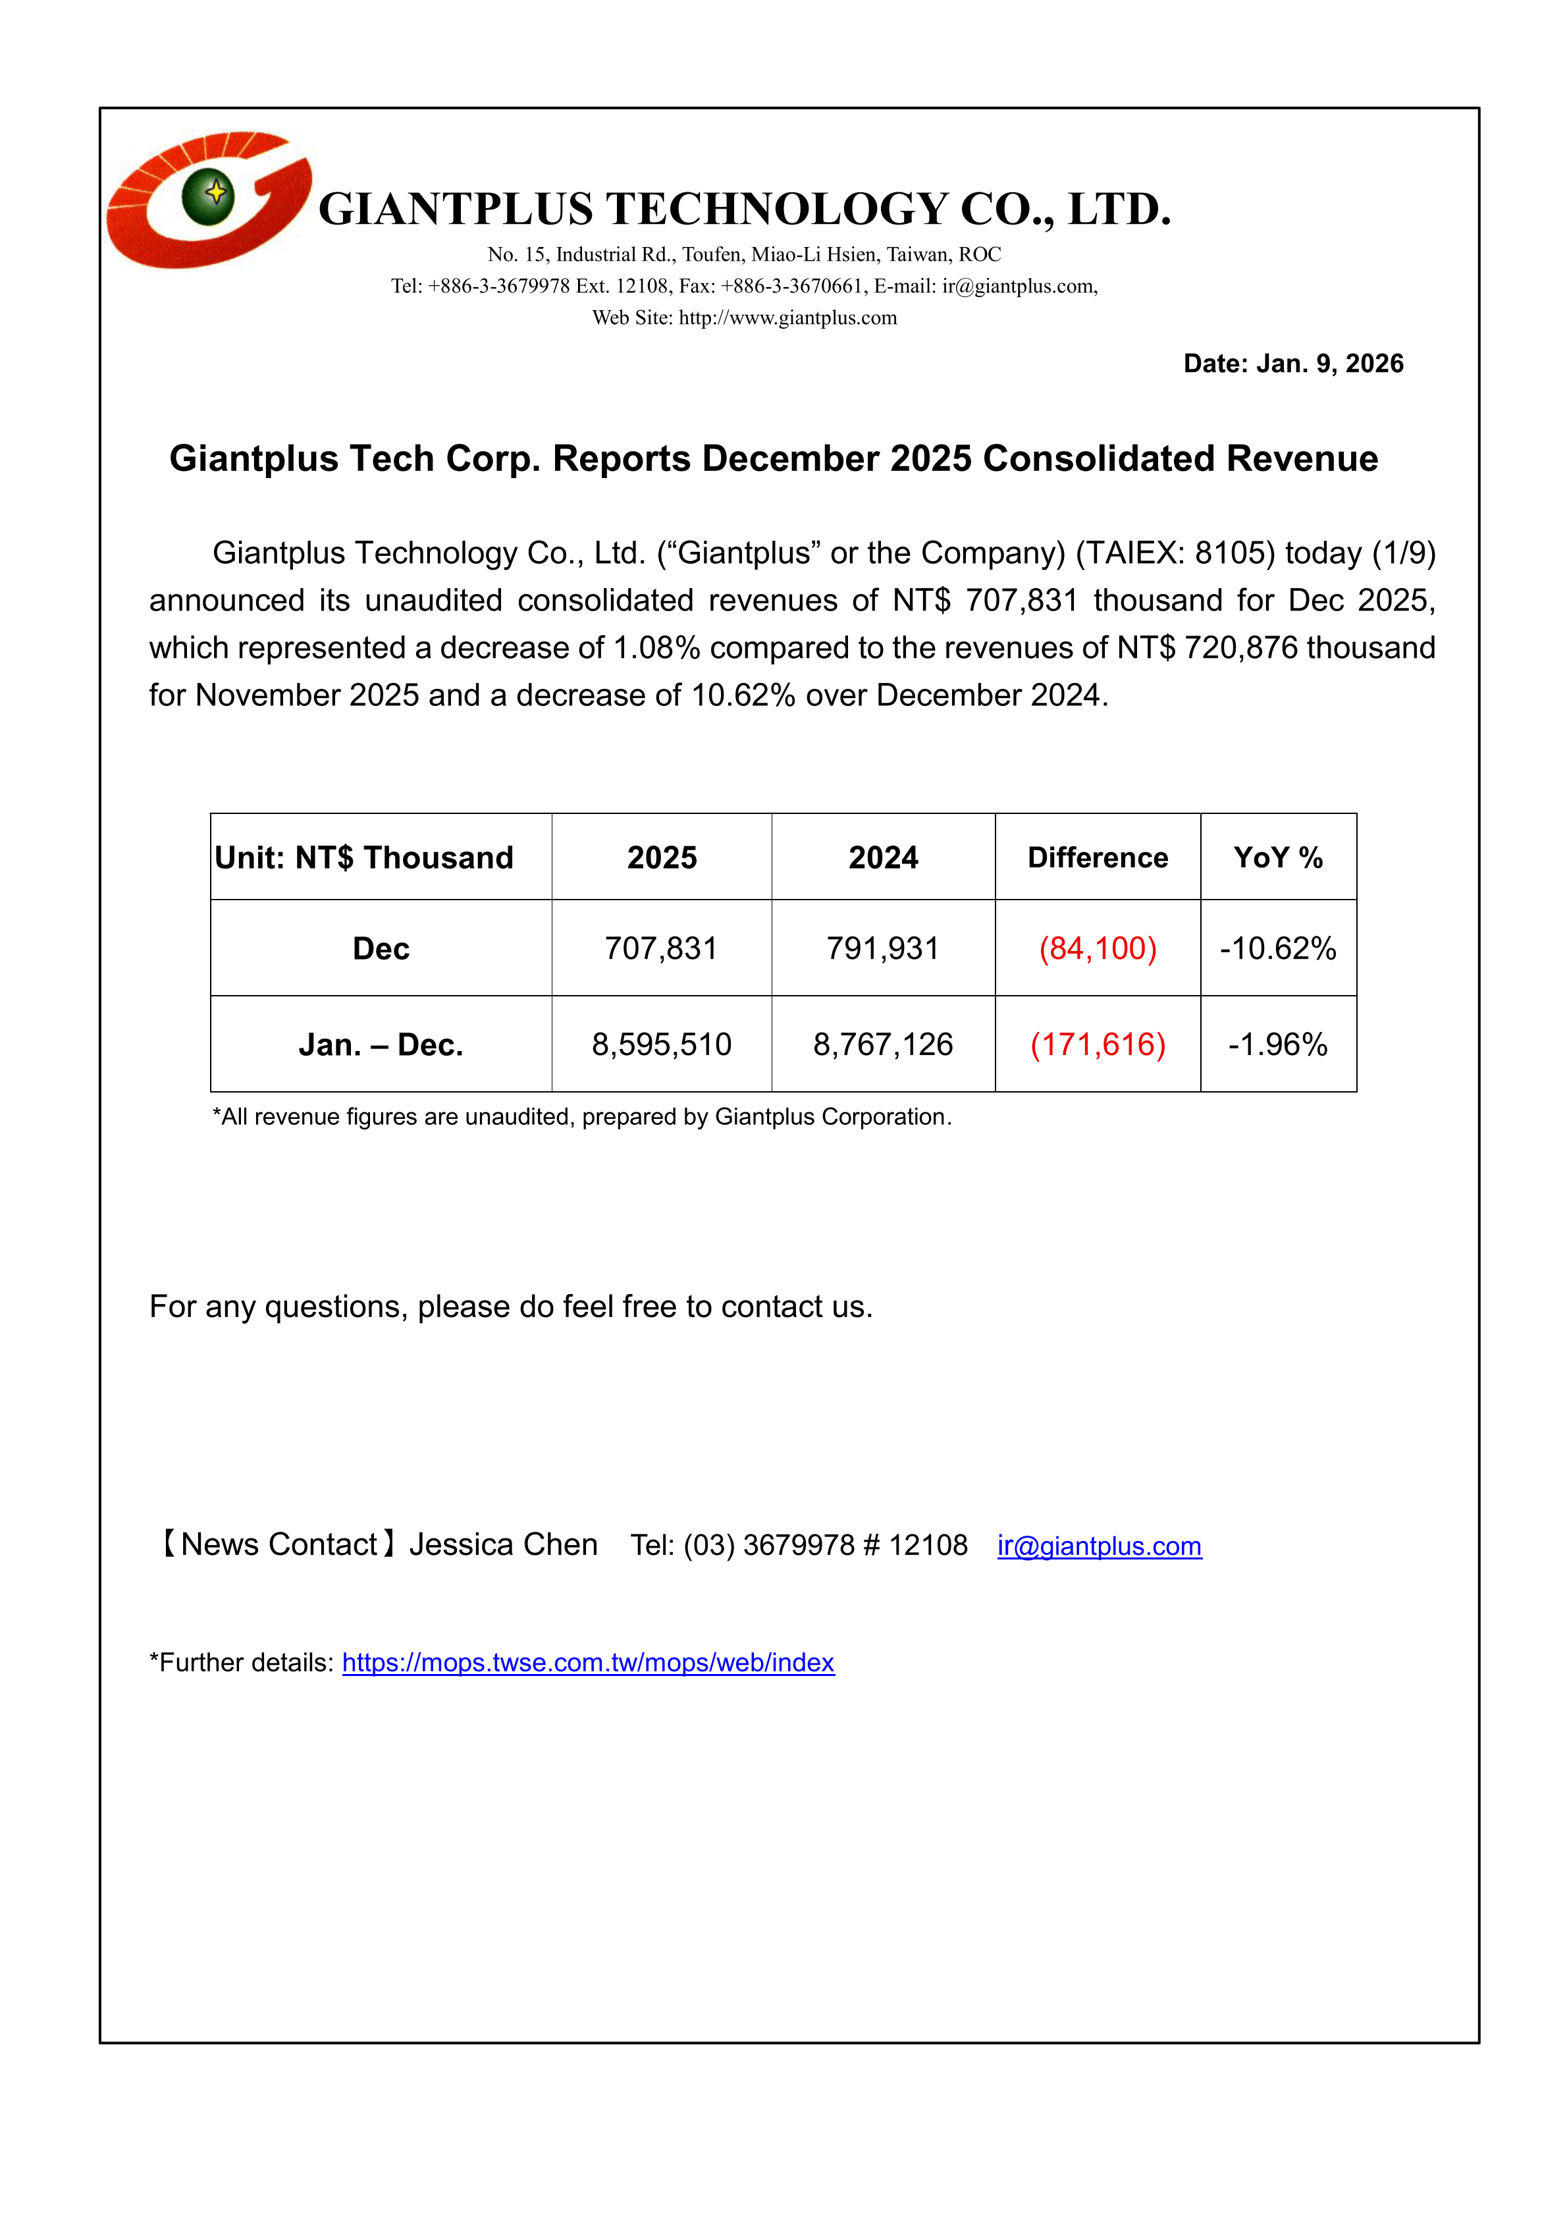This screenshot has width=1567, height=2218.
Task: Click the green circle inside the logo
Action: (209, 195)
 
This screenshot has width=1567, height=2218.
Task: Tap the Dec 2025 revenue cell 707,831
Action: (661, 948)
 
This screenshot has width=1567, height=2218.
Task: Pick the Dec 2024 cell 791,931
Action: (882, 948)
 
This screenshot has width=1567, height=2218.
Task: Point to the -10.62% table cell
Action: (1277, 948)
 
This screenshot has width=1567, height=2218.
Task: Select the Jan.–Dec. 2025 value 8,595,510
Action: (661, 1044)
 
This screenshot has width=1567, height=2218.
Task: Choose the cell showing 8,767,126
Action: (882, 1044)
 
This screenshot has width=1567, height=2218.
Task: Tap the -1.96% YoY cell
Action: (1277, 1044)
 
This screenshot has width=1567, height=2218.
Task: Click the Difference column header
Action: (1098, 858)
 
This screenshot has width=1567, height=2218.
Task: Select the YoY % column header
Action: (1277, 858)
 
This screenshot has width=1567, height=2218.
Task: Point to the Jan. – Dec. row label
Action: (381, 1044)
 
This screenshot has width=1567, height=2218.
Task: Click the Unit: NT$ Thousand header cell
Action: (364, 858)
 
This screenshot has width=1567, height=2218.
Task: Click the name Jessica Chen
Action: (503, 1545)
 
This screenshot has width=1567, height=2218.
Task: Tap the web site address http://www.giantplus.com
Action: (787, 318)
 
